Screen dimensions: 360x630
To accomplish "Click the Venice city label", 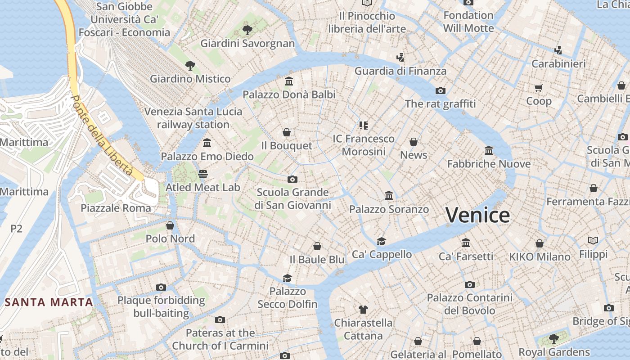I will tap(477, 215).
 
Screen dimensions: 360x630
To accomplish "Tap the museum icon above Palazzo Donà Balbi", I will tap(289, 81).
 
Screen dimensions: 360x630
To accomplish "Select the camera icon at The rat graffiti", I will tap(441, 90).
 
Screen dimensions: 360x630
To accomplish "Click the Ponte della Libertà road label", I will tap(102, 136).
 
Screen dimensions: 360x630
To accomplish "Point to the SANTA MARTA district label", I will tap(49, 302).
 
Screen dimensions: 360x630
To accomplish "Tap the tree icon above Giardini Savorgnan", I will tap(247, 30).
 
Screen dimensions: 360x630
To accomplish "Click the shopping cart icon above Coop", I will tap(539, 88).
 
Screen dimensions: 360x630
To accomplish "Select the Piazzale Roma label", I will tap(116, 208).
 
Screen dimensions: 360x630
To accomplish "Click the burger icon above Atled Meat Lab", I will tap(203, 174).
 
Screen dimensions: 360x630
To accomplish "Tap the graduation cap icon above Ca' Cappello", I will tap(382, 241).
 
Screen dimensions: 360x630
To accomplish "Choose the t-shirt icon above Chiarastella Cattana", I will tap(363, 309).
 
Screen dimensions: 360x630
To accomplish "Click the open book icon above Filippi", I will tap(593, 241).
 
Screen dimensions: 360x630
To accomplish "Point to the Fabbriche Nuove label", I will tap(489, 164).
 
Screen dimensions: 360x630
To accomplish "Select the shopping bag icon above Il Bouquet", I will tap(287, 132).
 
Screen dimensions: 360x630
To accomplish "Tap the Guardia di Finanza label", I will tap(400, 71).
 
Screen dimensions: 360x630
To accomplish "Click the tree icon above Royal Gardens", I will tap(554, 338).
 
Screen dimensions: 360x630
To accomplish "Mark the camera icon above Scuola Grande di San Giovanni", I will tap(292, 179).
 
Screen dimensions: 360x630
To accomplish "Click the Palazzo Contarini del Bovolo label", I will tap(469, 304).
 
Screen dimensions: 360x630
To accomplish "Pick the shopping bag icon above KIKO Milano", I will tap(540, 243).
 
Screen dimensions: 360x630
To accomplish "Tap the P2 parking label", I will tap(16, 229).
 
